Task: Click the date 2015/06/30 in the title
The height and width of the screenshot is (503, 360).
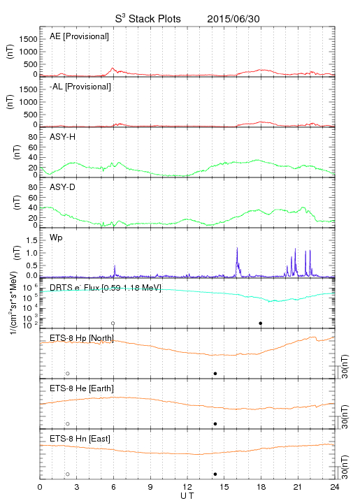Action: coord(233,19)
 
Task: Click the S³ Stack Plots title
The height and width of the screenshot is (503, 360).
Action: coord(148,18)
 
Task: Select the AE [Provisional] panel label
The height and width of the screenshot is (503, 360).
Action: coord(79,36)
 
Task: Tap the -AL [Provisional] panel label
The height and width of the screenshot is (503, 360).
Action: coord(80,87)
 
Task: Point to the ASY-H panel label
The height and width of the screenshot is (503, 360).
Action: coord(63,137)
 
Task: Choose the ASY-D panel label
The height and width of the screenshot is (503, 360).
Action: coord(63,187)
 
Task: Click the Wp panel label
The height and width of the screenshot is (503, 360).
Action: coord(56,238)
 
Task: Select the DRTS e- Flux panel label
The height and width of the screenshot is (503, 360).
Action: coord(106,288)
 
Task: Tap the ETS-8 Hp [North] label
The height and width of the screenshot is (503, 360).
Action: coord(82,338)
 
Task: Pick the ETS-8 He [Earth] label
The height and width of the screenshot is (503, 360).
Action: coord(82,388)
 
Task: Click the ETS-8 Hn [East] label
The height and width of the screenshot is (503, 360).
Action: coord(80,439)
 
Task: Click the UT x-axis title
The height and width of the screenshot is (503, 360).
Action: coord(187,496)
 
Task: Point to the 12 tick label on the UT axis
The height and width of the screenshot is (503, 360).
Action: coord(187,487)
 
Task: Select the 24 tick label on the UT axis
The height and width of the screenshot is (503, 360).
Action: coord(335,487)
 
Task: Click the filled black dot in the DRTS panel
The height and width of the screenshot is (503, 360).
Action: coord(261,323)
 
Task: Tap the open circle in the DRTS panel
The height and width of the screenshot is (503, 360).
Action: coord(113,323)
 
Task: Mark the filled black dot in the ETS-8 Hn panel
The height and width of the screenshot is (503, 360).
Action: coord(215,474)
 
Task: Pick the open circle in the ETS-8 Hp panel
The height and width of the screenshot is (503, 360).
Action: coord(68,373)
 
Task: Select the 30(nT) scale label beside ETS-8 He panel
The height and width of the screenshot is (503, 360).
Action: coord(345,416)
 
